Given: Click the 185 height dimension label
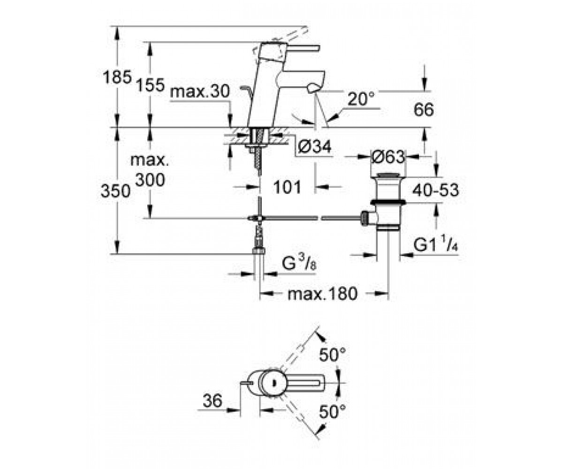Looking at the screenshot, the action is tap(117, 77).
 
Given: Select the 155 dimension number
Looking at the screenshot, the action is tap(150, 85).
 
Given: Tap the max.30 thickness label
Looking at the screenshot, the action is tap(200, 91).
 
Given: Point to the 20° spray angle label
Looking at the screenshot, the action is tap(361, 99).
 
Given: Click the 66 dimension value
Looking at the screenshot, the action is tap(424, 110).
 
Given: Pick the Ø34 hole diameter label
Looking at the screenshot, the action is tap(314, 147).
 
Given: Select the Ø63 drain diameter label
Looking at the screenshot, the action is tap(388, 157).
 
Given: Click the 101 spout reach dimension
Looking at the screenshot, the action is tap(287, 187).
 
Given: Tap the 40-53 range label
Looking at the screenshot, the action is tap(435, 190).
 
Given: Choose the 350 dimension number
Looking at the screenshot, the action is tap(115, 191).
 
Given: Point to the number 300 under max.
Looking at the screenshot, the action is tap(150, 180).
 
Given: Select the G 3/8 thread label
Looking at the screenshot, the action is tap(299, 263).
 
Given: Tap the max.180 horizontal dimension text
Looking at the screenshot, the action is tap(322, 294).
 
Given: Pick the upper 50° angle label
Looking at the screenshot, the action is tap(332, 355).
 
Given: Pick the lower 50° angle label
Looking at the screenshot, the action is tap(332, 411).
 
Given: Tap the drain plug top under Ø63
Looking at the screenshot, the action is tap(388, 176).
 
